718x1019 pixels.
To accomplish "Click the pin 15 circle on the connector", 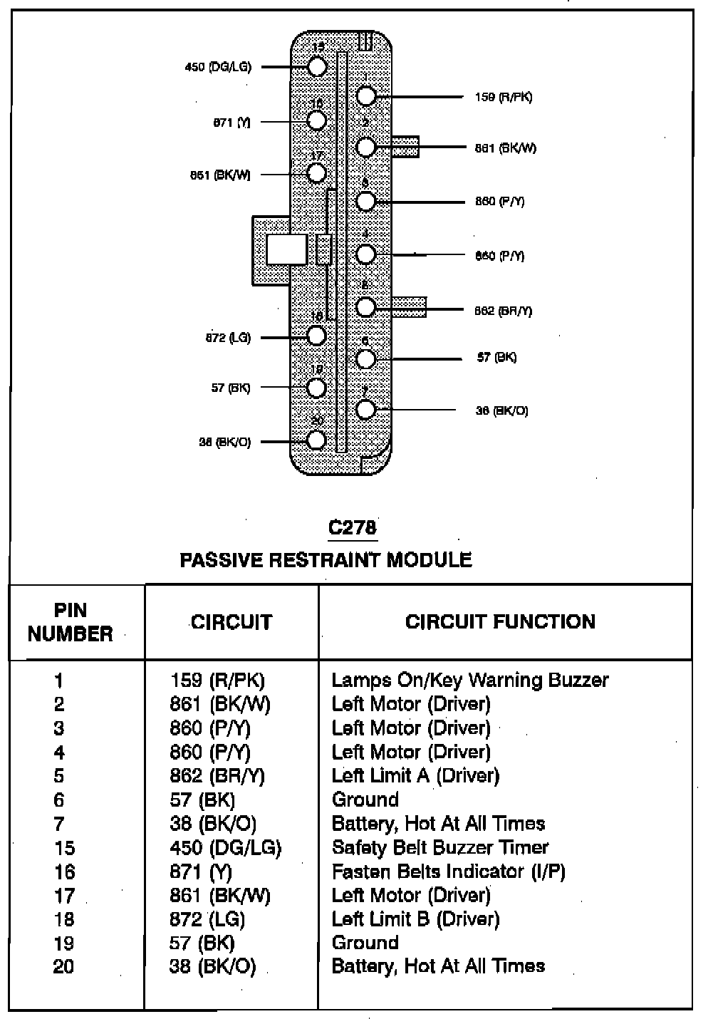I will click(x=317, y=67).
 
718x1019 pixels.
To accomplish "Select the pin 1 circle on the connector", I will click(x=366, y=96).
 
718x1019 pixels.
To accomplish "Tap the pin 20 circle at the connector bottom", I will click(x=317, y=440).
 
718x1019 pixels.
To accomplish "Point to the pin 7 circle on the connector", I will click(x=366, y=410).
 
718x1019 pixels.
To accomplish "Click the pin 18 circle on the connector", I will click(x=317, y=336).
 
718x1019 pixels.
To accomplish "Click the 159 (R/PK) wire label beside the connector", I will click(x=503, y=97).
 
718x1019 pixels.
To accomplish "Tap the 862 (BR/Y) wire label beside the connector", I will click(x=503, y=311).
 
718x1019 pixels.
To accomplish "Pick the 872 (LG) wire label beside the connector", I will click(x=228, y=338).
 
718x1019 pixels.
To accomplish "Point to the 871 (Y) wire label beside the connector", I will click(x=232, y=123).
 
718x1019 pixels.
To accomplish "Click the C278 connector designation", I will click(x=352, y=527).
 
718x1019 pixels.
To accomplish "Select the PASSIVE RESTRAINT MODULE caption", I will click(x=326, y=559).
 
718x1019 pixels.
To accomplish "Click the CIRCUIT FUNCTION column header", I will click(x=500, y=621).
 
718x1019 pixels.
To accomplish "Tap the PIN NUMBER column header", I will click(x=71, y=622).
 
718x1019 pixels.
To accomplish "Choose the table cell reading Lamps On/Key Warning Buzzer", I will click(x=470, y=680).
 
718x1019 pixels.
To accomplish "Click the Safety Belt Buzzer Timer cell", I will click(x=440, y=847).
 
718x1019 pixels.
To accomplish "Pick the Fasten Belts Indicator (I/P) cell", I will click(x=449, y=871).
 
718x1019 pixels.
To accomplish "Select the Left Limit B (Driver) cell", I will click(x=416, y=919).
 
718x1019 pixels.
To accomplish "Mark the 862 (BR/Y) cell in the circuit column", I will click(x=217, y=775).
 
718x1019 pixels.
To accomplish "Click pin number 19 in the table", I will click(x=63, y=943).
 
